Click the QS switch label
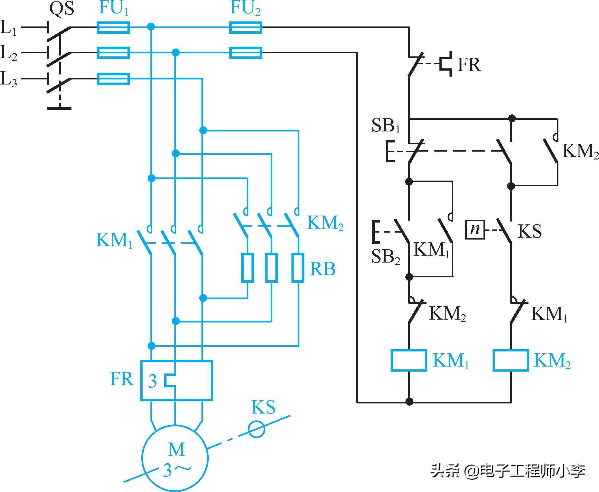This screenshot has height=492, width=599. [62, 9]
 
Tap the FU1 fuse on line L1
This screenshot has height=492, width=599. [113, 27]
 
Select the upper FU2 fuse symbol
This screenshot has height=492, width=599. [246, 27]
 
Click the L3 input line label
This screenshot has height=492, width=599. [9, 79]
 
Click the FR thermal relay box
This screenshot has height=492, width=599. [177, 381]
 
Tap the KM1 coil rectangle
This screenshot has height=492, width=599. [409, 360]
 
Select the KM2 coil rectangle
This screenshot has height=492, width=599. [511, 360]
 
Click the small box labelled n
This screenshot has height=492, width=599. [475, 229]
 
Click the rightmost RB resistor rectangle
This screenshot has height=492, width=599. [298, 267]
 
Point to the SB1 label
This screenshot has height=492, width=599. [386, 125]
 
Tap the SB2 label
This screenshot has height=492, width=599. [386, 257]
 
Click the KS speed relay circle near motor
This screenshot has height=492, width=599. [257, 430]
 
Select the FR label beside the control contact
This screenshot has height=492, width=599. [469, 65]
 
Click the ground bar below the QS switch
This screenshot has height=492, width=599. [59, 108]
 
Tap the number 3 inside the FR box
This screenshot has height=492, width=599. [153, 381]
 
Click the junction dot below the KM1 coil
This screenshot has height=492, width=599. [409, 402]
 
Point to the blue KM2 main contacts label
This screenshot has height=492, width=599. [325, 223]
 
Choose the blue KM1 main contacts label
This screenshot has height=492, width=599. [114, 240]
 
